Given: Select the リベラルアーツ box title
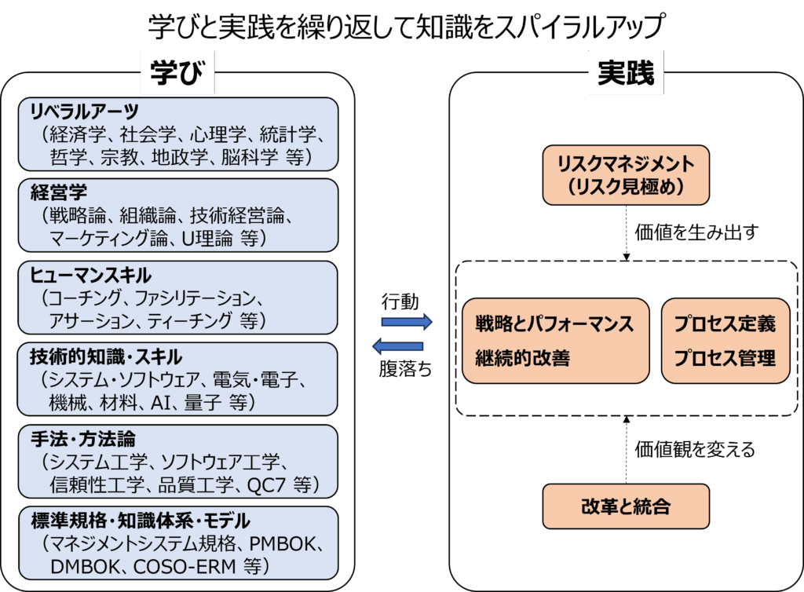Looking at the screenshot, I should (84, 111).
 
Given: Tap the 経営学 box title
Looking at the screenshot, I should (58, 192).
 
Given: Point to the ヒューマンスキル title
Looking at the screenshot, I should (90, 275).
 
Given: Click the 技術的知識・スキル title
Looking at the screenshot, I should (105, 356).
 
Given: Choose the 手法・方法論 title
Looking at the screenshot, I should (82, 437).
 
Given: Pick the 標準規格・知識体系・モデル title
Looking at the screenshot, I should (140, 520).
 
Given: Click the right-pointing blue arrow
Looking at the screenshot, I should (406, 322).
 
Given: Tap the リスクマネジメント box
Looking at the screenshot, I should (626, 175).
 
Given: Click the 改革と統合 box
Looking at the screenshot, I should (626, 506).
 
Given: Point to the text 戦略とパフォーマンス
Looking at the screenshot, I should (554, 324).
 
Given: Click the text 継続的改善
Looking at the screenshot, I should (522, 358).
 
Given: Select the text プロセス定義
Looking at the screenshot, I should (725, 324).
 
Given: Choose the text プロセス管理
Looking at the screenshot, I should (725, 358).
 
